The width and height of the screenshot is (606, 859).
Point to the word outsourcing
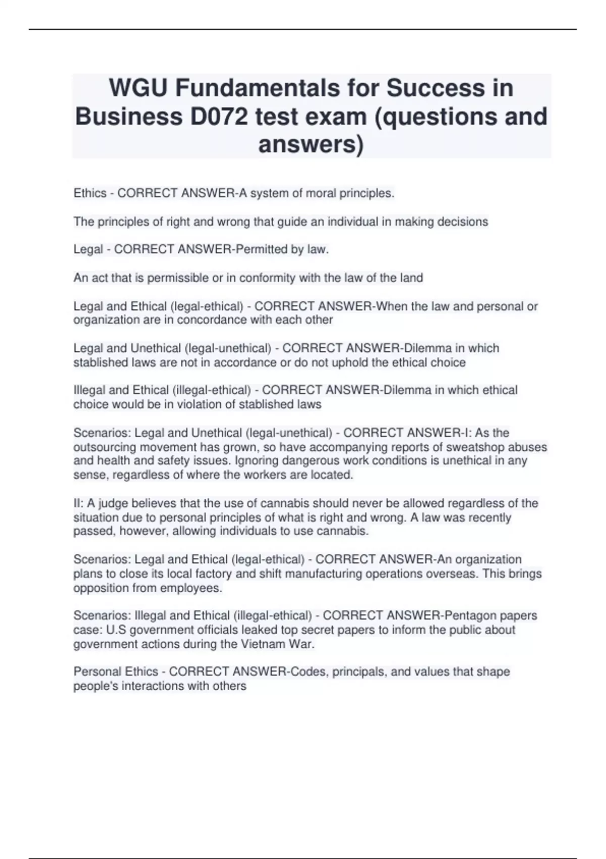[105, 447]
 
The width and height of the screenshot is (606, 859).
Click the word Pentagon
[470, 615]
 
